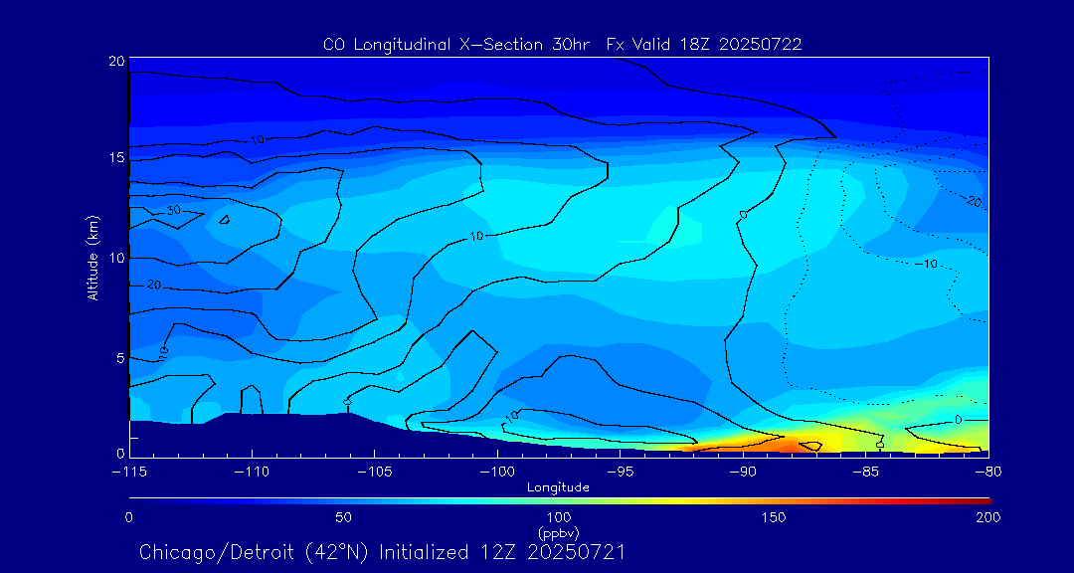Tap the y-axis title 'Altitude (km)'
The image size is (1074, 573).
click(92, 258)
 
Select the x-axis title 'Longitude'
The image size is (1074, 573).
click(558, 486)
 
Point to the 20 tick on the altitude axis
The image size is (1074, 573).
click(115, 61)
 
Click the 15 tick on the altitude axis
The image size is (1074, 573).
click(115, 158)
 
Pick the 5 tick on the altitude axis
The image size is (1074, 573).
click(119, 357)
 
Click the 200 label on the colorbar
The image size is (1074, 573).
click(988, 517)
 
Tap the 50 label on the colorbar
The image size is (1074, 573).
click(343, 517)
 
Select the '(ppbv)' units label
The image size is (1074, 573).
click(558, 532)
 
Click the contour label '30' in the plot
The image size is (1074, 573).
click(173, 211)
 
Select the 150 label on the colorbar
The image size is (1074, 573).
click(774, 517)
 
